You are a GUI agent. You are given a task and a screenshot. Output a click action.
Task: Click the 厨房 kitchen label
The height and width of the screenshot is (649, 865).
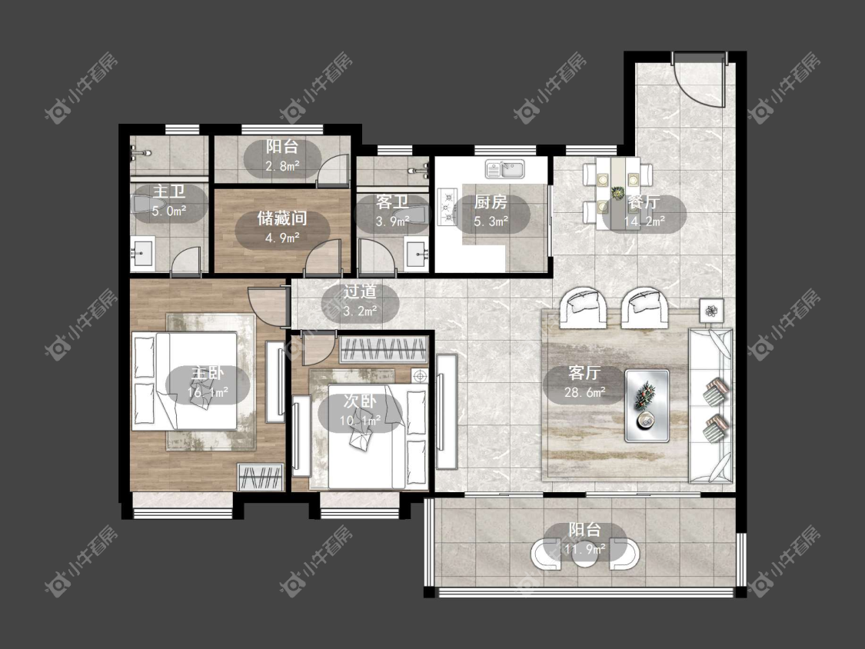click(x=491, y=202)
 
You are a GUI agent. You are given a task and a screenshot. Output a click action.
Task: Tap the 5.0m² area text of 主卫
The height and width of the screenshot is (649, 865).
click(x=169, y=211)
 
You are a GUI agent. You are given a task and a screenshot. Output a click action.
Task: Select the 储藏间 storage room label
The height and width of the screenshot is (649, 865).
click(x=282, y=218)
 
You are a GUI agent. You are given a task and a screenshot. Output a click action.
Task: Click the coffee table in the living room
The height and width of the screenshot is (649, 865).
click(x=647, y=406)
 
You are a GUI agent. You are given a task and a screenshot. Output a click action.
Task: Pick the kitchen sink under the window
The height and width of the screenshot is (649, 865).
click(x=505, y=169)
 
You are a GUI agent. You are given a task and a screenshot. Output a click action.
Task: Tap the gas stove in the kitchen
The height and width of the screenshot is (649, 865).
click(x=447, y=208)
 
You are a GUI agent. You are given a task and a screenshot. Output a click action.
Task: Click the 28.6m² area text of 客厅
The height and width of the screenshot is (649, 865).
click(x=585, y=392)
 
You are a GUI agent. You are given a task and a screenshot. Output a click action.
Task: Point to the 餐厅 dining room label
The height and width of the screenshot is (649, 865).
click(x=644, y=202)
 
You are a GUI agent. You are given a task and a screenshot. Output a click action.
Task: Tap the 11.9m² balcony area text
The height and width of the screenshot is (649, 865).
click(x=585, y=549)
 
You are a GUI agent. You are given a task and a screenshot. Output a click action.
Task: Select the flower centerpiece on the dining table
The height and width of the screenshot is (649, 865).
click(x=617, y=193)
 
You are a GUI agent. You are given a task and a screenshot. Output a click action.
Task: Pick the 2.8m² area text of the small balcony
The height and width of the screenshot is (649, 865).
click(x=282, y=165)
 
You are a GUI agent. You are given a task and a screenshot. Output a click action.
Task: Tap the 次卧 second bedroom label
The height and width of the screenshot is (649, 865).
click(x=360, y=401)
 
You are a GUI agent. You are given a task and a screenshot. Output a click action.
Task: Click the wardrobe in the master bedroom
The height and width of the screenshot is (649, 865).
click(x=261, y=477)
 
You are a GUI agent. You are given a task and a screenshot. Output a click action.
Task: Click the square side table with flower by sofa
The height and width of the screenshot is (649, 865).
click(x=712, y=311)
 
